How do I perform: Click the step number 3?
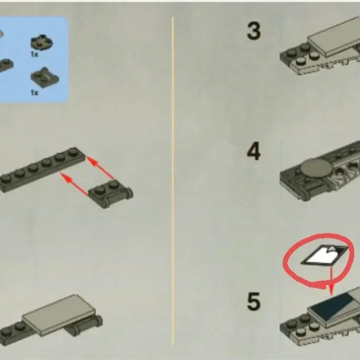254,31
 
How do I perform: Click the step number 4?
254,151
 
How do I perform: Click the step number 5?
254,301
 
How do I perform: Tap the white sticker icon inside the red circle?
324,255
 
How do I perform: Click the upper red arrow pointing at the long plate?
100,167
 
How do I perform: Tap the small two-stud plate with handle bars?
111,194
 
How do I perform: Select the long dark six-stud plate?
43,169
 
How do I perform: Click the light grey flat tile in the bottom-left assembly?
59,315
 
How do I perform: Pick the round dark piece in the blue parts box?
42,43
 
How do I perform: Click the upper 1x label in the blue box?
35,55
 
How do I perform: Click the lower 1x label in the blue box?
35,92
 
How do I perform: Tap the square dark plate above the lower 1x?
45,78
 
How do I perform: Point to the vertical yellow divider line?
173,181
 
